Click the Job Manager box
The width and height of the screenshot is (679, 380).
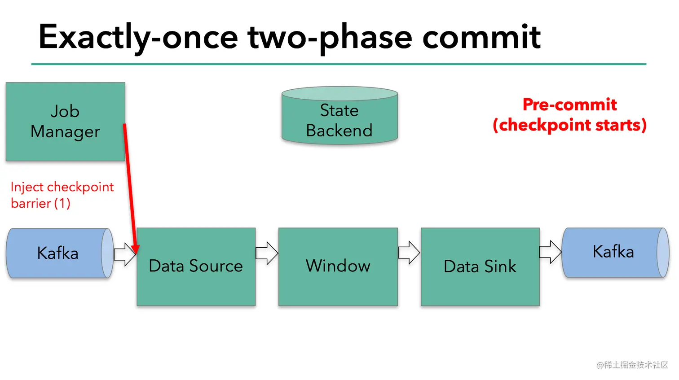click(x=65, y=122)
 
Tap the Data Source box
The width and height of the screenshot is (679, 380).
click(x=196, y=266)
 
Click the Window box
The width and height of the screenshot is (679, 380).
click(x=338, y=266)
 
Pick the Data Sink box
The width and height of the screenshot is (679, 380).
click(x=480, y=266)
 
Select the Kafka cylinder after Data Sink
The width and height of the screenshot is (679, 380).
click(x=614, y=252)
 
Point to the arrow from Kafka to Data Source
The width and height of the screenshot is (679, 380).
click(x=124, y=254)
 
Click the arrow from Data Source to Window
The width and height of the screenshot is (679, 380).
click(x=267, y=253)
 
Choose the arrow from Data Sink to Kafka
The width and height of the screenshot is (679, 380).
click(x=550, y=252)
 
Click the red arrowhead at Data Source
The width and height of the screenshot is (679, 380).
click(x=136, y=248)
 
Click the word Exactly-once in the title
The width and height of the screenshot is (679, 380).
click(x=138, y=37)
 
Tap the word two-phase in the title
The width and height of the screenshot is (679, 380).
click(x=330, y=37)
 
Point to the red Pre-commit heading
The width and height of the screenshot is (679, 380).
click(x=569, y=105)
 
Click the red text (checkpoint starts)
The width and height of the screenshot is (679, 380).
click(x=569, y=125)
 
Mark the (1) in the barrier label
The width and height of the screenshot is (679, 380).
click(x=62, y=203)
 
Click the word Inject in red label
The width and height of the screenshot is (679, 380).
click(x=27, y=187)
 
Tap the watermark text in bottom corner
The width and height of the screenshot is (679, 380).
click(x=632, y=365)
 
